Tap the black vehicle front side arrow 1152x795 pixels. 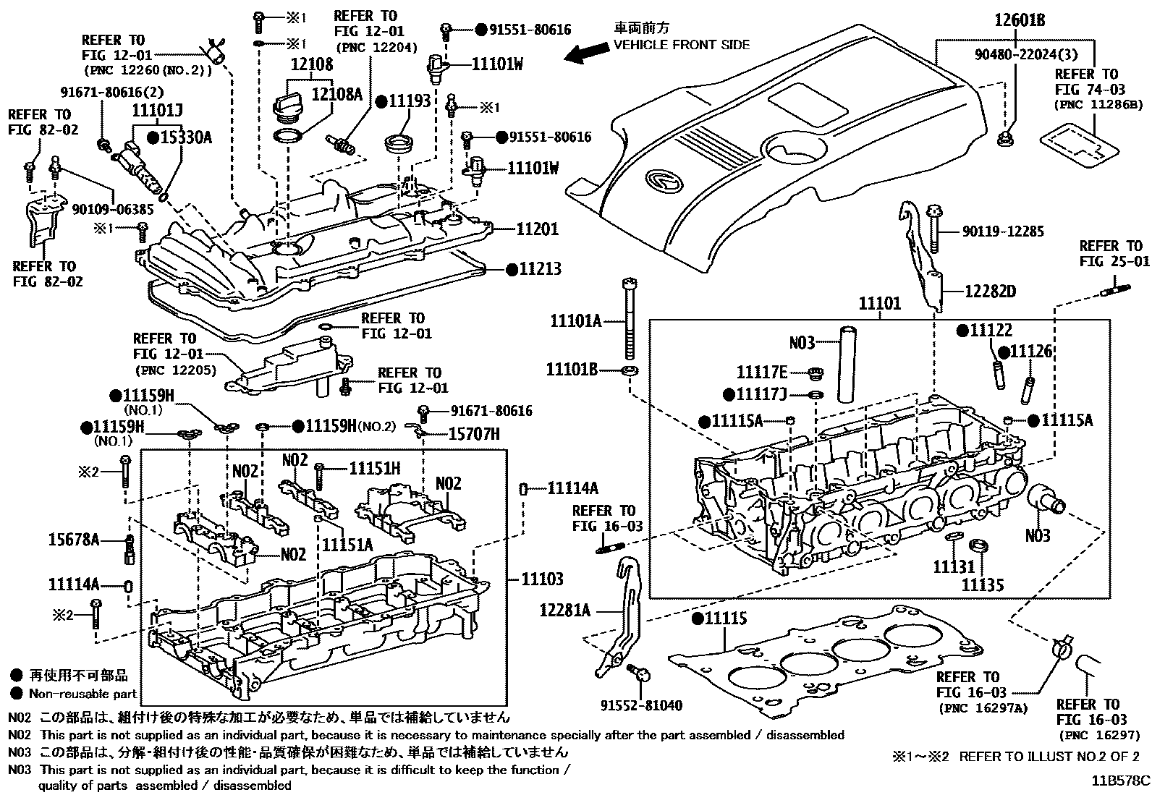pyautogui.click(x=587, y=51)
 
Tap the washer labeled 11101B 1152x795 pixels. pyautogui.click(x=630, y=371)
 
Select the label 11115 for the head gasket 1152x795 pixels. pyautogui.click(x=725, y=618)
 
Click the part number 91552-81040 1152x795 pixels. pyautogui.click(x=640, y=705)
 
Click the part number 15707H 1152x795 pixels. pyautogui.click(x=473, y=433)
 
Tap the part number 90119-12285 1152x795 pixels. pyautogui.click(x=1003, y=231)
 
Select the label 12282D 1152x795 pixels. pyautogui.click(x=989, y=292)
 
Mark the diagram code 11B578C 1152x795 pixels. pyautogui.click(x=1120, y=781)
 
